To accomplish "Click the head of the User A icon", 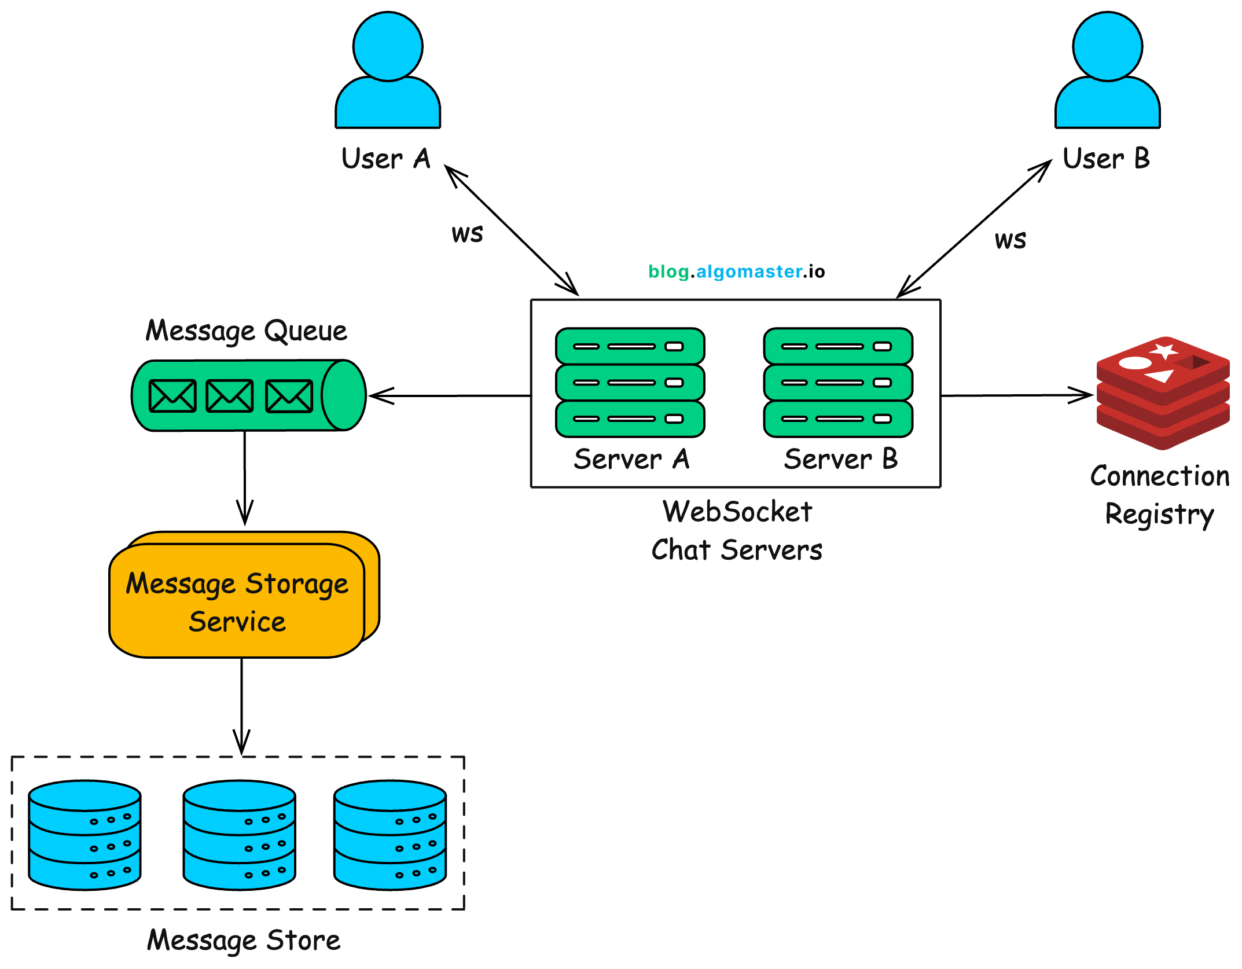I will (x=388, y=46).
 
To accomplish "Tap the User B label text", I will (x=1106, y=159).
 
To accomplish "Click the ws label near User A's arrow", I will (x=467, y=233).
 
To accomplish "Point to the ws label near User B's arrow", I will (x=1010, y=240).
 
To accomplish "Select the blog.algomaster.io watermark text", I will (x=736, y=271).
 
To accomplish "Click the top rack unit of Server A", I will (x=630, y=346).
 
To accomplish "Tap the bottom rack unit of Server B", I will (x=838, y=419).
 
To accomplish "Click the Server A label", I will (x=631, y=459).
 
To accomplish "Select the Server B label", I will (x=841, y=459).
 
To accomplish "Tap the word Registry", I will (x=1159, y=514).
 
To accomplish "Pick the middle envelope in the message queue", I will (x=230, y=396).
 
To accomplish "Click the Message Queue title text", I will (x=246, y=331).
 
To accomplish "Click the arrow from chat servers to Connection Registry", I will (x=1016, y=396).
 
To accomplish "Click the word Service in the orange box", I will (x=237, y=622).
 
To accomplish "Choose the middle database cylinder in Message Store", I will (x=240, y=834).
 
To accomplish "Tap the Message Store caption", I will (x=244, y=940).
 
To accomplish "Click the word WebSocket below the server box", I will (x=737, y=512).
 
